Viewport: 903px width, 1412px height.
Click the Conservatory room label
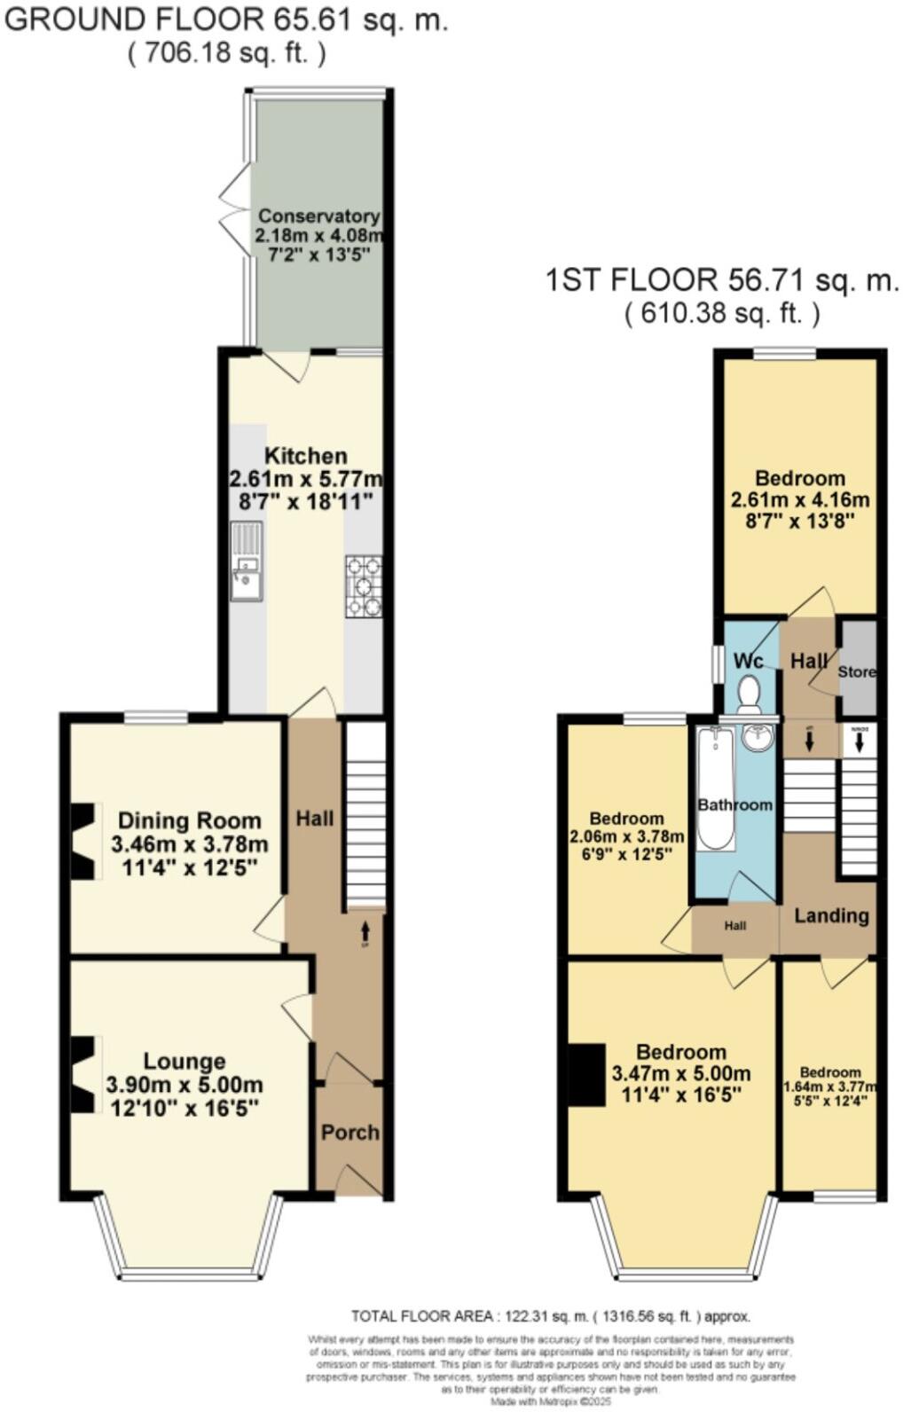pyautogui.click(x=318, y=216)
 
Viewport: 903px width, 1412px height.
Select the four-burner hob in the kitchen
pyautogui.click(x=364, y=585)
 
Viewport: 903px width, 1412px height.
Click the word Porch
pyautogui.click(x=349, y=1133)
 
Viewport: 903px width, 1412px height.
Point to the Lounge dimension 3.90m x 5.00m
pyautogui.click(x=184, y=1085)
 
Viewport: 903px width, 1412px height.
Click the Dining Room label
pyautogui.click(x=189, y=820)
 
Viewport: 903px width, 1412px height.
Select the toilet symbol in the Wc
pyautogui.click(x=750, y=694)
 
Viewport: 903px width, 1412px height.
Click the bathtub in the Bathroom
pyautogui.click(x=715, y=787)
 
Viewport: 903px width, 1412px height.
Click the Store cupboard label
pyautogui.click(x=857, y=671)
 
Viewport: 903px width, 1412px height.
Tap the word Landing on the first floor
pyautogui.click(x=831, y=915)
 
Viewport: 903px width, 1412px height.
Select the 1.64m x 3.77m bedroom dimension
pyautogui.click(x=829, y=1087)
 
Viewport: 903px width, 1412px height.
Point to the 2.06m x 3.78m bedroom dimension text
pyautogui.click(x=626, y=836)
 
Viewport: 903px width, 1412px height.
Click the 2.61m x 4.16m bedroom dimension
pyautogui.click(x=799, y=499)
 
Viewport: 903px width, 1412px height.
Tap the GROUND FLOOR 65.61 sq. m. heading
pyautogui.click(x=225, y=20)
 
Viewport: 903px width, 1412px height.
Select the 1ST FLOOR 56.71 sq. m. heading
pyautogui.click(x=721, y=281)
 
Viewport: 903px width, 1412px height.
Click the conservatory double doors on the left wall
pyautogui.click(x=236, y=210)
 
